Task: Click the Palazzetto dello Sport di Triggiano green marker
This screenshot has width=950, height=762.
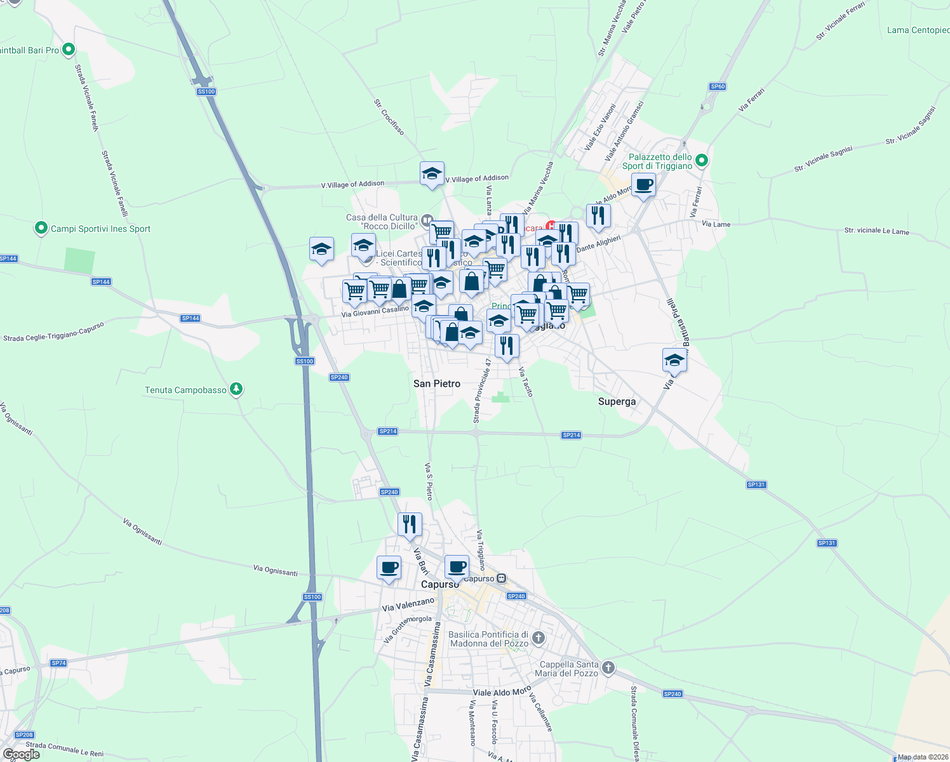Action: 701,161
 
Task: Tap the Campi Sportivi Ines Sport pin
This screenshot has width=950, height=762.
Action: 41,228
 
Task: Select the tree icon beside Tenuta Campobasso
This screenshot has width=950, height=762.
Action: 236,389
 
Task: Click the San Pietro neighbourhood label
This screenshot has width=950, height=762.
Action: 437,384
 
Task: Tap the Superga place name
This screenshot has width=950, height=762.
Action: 617,401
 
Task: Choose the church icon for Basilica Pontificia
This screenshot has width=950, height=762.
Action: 538,638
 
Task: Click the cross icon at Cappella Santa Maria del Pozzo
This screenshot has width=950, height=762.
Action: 608,667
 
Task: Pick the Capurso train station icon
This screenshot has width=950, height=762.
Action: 502,578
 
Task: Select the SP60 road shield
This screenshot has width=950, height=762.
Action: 718,86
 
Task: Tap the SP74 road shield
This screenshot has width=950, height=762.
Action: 58,663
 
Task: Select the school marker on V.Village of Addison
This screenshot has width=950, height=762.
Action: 432,174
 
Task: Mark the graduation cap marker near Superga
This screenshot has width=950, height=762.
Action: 674,361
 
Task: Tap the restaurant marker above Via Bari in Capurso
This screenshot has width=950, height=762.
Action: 410,525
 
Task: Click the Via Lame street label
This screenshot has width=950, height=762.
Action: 716,224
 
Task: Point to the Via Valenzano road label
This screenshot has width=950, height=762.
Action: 408,605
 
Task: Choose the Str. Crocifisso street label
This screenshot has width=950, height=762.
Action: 389,117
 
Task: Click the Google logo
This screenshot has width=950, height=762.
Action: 22,754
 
